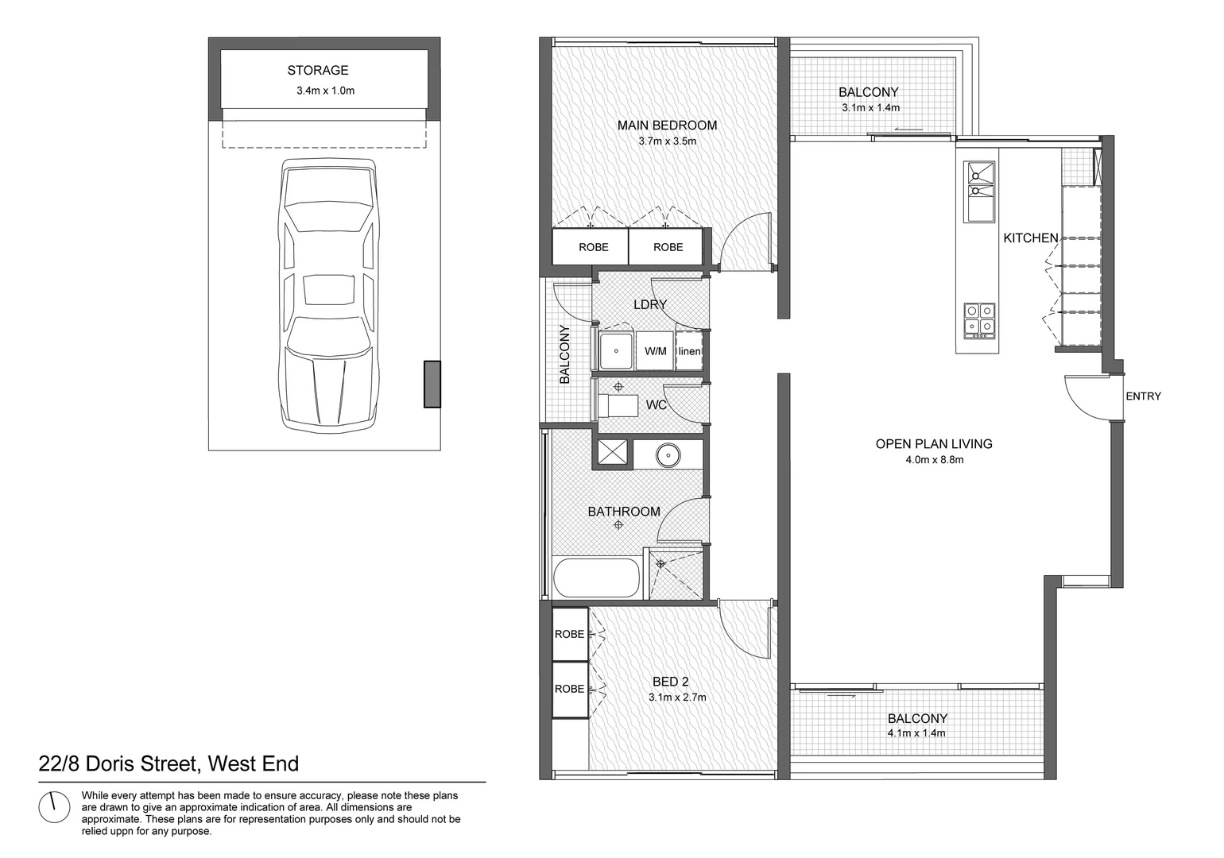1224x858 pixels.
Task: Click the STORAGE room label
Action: (x=318, y=71)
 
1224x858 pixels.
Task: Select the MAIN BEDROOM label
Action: (x=667, y=126)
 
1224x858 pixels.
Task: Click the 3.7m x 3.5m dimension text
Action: (x=667, y=141)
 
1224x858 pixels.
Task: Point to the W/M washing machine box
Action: (x=655, y=351)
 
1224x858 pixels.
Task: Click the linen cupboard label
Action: (x=689, y=351)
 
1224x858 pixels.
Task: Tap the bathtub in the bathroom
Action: (x=595, y=578)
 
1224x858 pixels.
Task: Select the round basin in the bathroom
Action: (x=668, y=455)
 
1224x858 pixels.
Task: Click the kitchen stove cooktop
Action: (x=978, y=319)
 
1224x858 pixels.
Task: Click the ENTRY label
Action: (x=1143, y=396)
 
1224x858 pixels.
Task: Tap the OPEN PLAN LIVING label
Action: (x=933, y=444)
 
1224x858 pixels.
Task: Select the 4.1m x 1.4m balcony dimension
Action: (x=916, y=733)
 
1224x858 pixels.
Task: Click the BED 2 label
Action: (x=670, y=682)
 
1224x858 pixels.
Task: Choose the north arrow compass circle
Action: (x=55, y=807)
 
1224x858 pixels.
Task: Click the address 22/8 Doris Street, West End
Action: (x=168, y=764)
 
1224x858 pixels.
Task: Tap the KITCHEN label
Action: (x=1030, y=238)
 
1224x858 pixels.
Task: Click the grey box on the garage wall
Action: (x=432, y=385)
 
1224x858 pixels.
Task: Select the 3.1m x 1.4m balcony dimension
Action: (x=870, y=108)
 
